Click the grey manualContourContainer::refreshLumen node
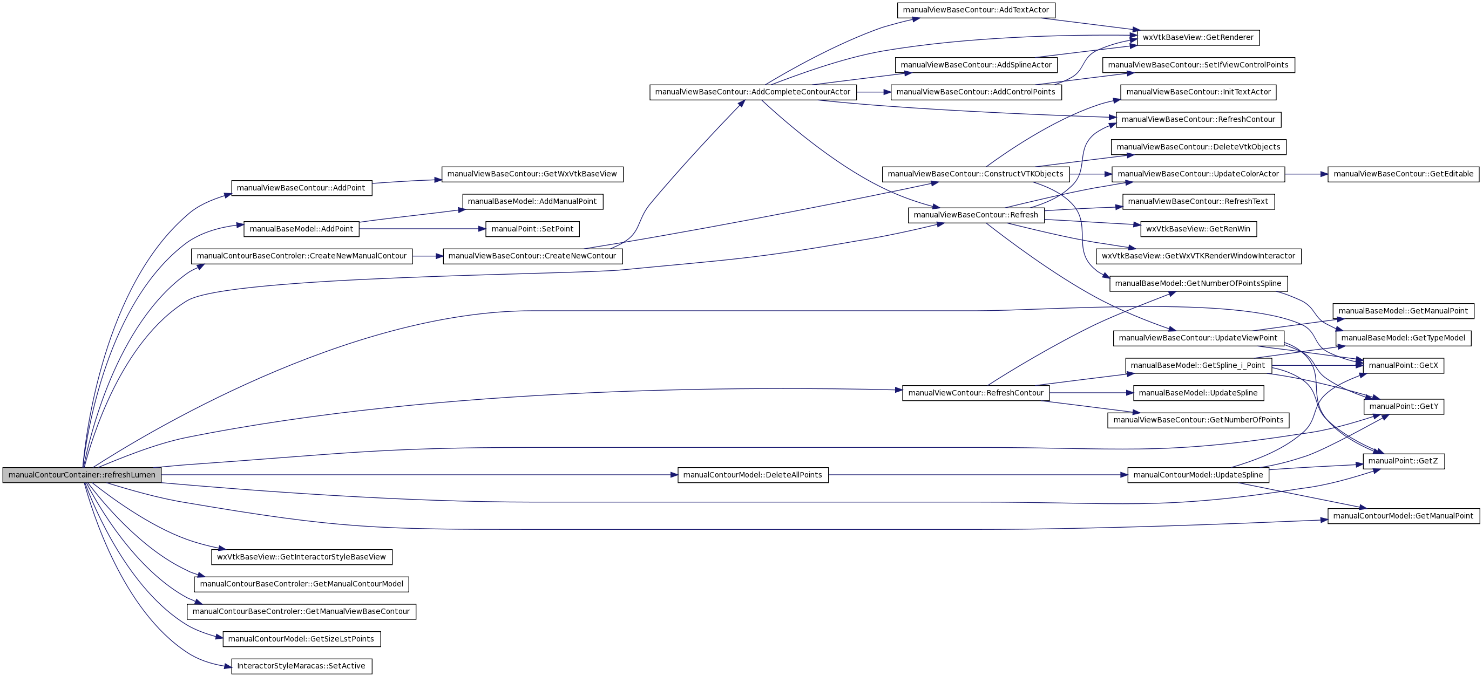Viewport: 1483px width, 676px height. [x=82, y=475]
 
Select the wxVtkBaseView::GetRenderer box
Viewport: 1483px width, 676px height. [x=1198, y=37]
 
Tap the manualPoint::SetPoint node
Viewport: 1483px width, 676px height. [x=532, y=229]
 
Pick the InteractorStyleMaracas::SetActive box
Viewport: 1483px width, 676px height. [x=301, y=666]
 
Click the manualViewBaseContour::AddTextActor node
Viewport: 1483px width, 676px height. [x=976, y=10]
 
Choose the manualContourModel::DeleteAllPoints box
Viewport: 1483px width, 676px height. [x=753, y=475]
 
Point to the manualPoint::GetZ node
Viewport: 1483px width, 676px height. [x=1403, y=461]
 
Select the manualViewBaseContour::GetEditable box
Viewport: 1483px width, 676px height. [x=1403, y=174]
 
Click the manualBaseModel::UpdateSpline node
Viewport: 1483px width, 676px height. [x=1198, y=393]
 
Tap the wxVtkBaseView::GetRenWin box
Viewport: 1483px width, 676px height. [x=1198, y=229]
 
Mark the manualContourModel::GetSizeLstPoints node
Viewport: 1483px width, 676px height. [x=301, y=639]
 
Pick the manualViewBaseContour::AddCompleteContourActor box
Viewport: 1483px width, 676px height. [x=753, y=92]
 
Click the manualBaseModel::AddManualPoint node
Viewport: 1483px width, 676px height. [x=532, y=201]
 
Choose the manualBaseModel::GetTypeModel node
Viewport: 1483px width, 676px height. [x=1403, y=338]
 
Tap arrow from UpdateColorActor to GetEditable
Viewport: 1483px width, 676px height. [x=1306, y=174]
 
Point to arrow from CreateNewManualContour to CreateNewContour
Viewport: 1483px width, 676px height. [x=428, y=256]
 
